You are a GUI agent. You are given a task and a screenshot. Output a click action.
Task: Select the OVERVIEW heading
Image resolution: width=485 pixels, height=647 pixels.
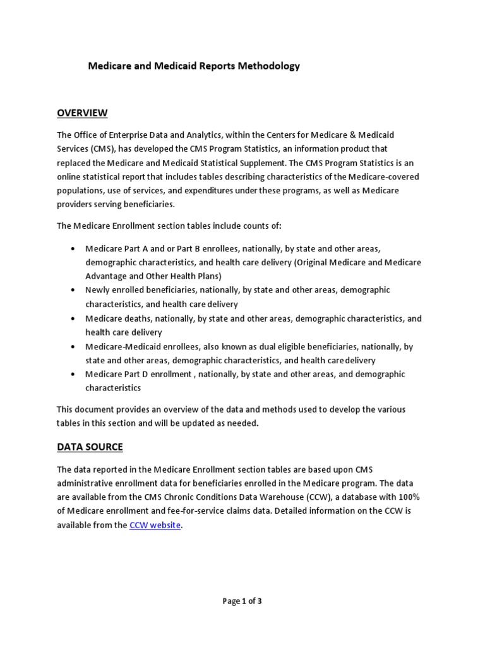(82, 113)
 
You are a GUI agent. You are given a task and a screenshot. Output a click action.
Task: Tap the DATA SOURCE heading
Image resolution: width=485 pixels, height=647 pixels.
(90, 447)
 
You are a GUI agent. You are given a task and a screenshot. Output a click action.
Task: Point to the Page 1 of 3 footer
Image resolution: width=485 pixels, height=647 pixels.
(242, 602)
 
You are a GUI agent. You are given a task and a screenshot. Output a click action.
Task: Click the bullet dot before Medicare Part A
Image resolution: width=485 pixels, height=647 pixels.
(75, 248)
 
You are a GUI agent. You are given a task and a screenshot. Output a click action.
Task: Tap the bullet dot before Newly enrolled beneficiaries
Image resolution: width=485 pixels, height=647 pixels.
(75, 290)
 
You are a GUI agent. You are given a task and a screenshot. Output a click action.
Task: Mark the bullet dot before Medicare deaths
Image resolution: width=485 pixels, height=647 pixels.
(75, 318)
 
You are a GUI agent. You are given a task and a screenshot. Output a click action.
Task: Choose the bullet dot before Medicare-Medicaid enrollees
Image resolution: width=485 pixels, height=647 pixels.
(75, 347)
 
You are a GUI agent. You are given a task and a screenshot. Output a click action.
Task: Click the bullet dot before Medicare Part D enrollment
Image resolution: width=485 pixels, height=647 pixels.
(75, 375)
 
